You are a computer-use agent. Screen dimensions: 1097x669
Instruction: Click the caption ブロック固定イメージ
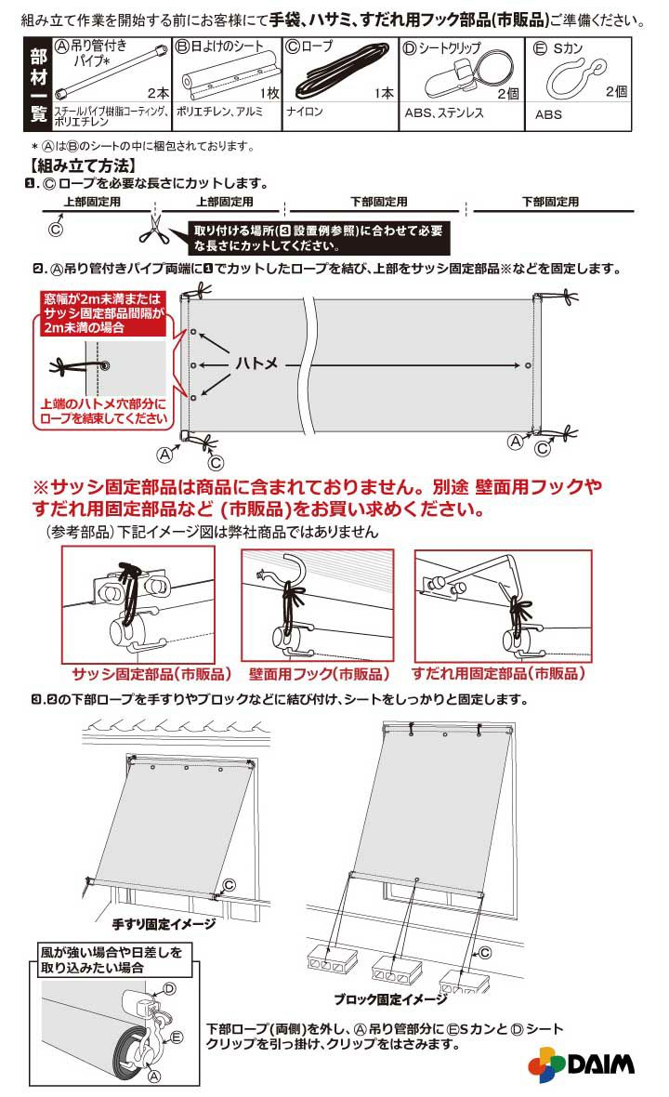[x=390, y=999]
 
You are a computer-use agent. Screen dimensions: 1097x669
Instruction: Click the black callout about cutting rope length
[x=319, y=239]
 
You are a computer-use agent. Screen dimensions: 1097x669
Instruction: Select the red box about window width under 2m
[x=103, y=312]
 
